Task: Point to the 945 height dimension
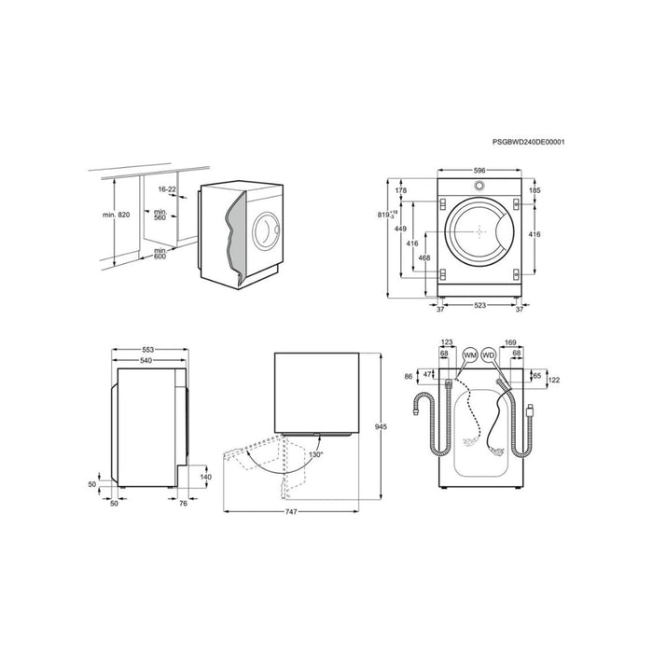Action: click(x=381, y=426)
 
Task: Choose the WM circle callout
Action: click(x=469, y=356)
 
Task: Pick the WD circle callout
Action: click(x=489, y=356)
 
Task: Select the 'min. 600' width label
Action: click(x=161, y=255)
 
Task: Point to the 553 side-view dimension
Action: click(x=149, y=349)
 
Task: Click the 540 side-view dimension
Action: click(x=146, y=359)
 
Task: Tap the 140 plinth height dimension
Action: click(x=205, y=477)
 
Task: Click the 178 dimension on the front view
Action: click(x=402, y=190)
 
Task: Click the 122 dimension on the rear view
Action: click(x=553, y=381)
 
